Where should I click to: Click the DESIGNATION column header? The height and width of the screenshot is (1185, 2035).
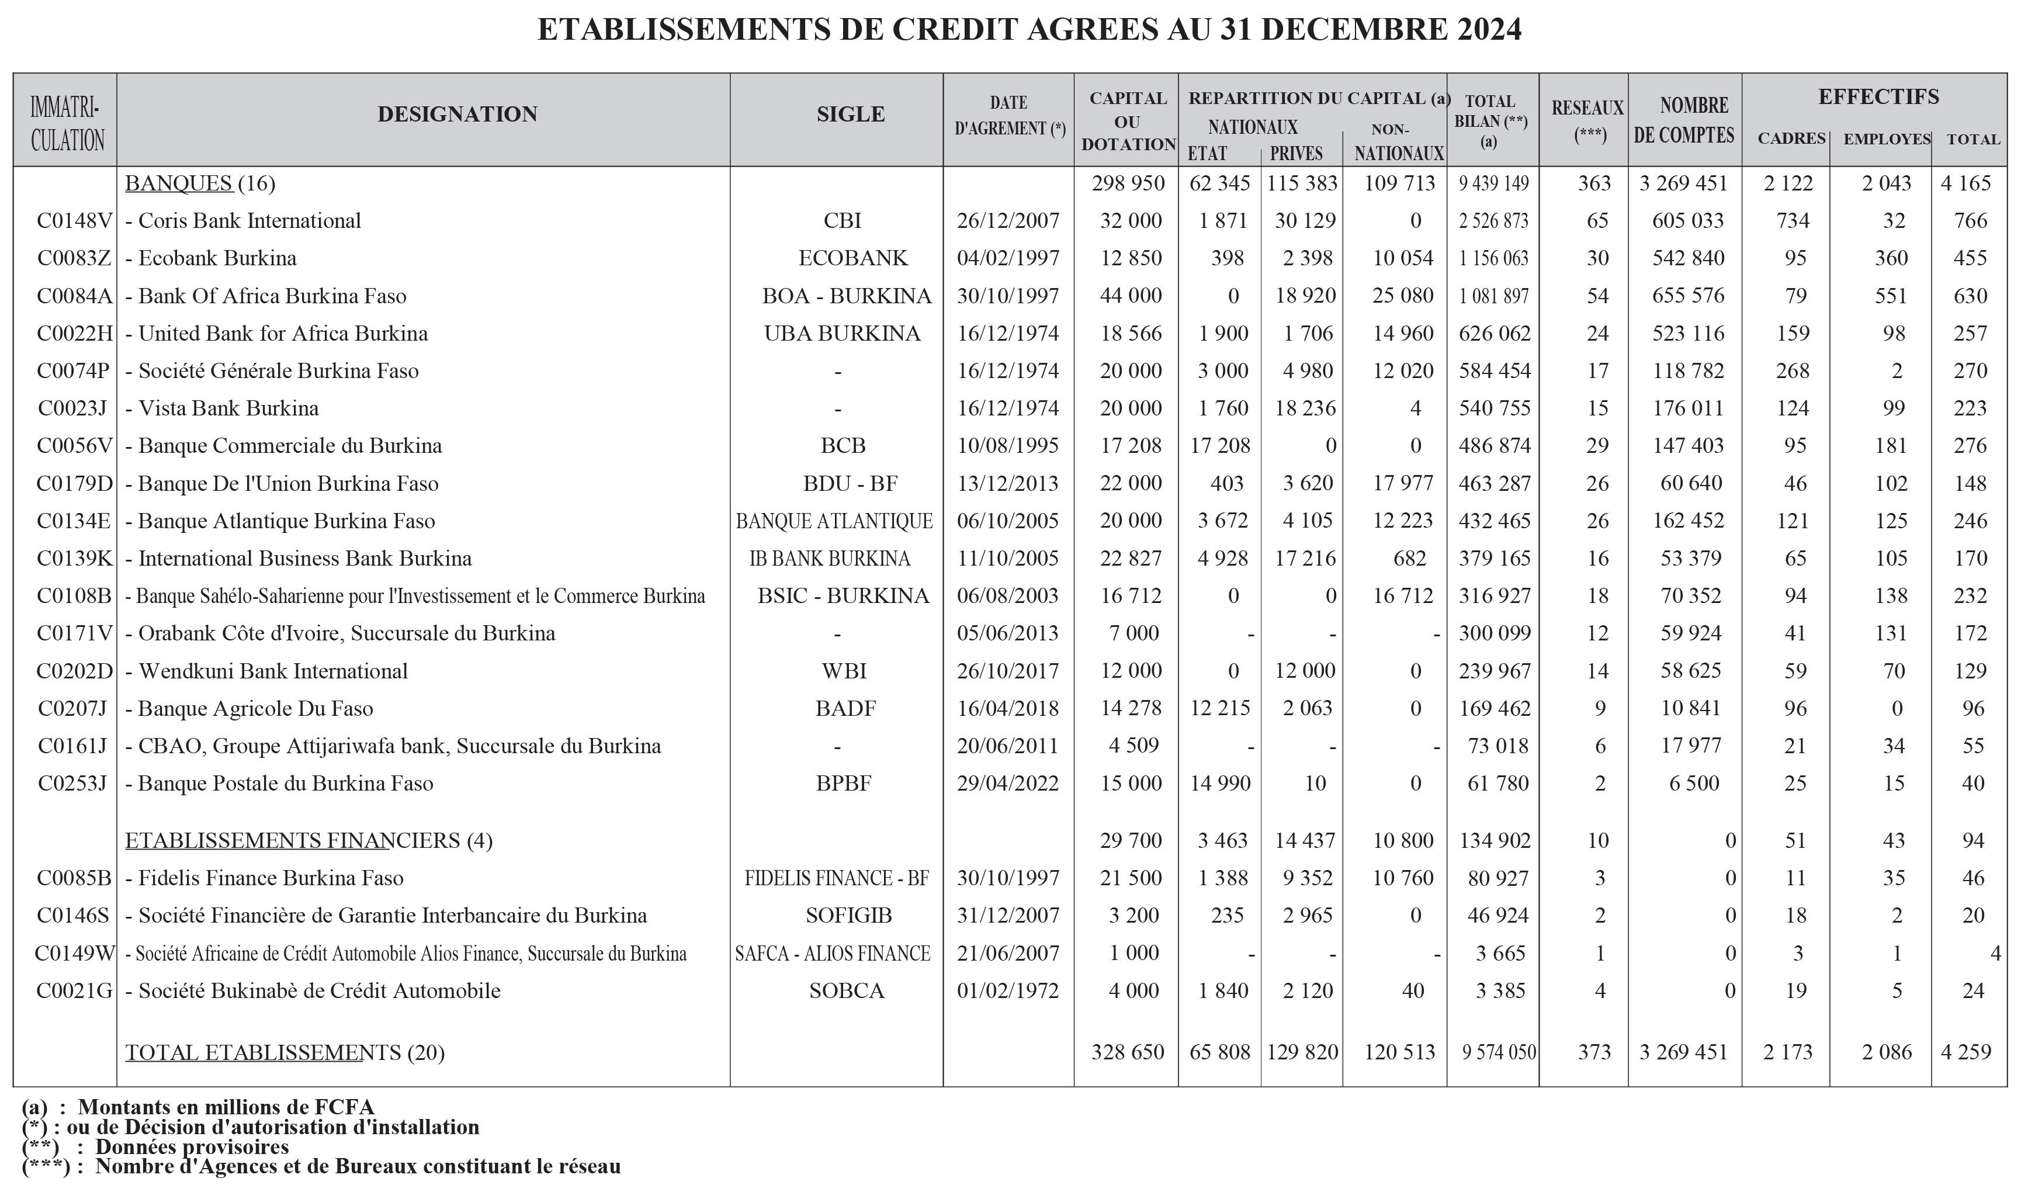(457, 114)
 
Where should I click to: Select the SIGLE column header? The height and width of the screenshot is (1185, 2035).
(850, 114)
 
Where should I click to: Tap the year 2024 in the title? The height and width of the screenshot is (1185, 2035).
(1489, 29)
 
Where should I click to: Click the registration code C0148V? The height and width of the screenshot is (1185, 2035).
(74, 220)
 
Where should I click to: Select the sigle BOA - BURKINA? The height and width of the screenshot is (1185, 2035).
(846, 296)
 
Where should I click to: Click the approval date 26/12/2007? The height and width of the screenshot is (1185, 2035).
(1008, 220)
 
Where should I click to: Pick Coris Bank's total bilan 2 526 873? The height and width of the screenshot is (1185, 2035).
(1493, 220)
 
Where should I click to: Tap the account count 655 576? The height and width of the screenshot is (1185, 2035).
(1688, 296)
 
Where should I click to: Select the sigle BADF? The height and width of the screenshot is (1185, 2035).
(845, 708)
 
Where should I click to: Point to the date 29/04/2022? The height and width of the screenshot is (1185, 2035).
(1008, 783)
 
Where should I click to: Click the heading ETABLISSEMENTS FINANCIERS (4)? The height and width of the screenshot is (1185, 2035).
(308, 840)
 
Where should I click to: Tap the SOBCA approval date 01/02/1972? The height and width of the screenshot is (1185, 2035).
(1008, 990)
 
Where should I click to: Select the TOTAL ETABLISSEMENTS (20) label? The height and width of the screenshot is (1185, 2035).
(285, 1052)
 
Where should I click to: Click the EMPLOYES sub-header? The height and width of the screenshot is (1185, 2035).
(1887, 139)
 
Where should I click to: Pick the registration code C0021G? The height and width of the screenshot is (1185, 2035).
(74, 990)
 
